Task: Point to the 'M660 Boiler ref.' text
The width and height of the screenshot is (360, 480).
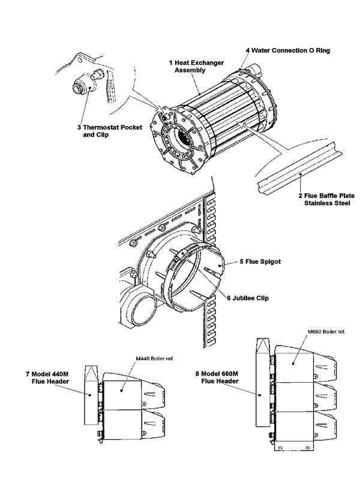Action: click(325, 331)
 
